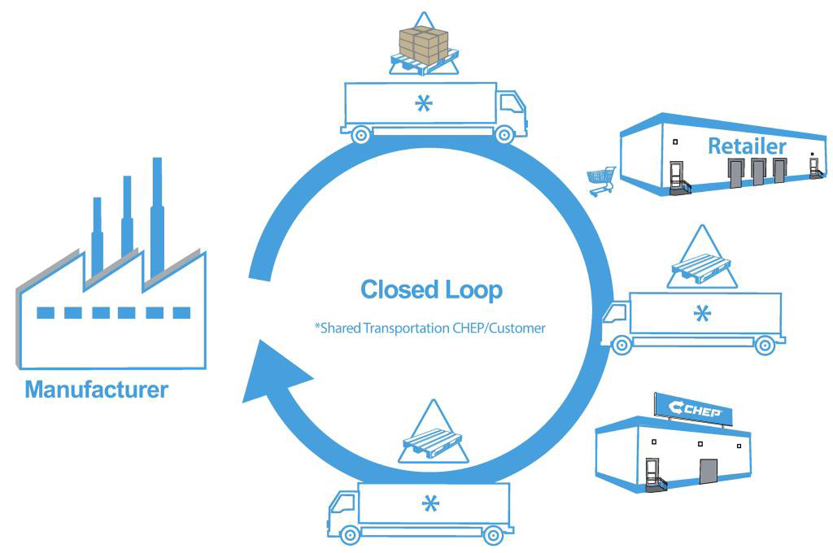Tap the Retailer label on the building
point(746,145)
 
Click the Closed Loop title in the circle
point(431,290)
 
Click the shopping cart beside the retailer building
point(601,180)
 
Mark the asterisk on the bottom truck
point(430,504)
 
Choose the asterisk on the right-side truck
point(702,313)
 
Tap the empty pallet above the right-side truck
point(700,265)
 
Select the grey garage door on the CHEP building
point(708,472)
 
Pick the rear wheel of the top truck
point(359,135)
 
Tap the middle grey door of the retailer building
point(757,170)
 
